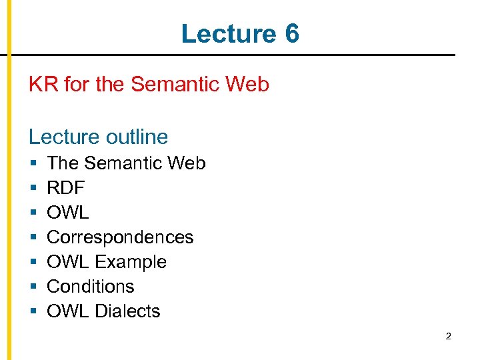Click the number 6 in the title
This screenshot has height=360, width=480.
tap(291, 33)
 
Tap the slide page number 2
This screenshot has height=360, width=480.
tap(448, 337)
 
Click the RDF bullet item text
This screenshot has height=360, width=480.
tap(66, 188)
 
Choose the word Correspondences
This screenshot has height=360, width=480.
tap(120, 237)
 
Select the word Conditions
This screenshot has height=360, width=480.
tap(90, 287)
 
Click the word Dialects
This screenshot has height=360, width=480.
tap(127, 311)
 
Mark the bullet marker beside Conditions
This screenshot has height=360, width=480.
tap(33, 287)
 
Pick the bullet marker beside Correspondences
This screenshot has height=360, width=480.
tap(33, 238)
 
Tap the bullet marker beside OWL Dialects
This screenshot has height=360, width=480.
tap(33, 312)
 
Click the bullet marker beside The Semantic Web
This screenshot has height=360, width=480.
tap(33, 164)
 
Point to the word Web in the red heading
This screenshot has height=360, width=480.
tap(247, 85)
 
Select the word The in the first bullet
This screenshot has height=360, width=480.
tap(63, 163)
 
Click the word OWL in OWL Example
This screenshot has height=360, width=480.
tap(67, 262)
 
